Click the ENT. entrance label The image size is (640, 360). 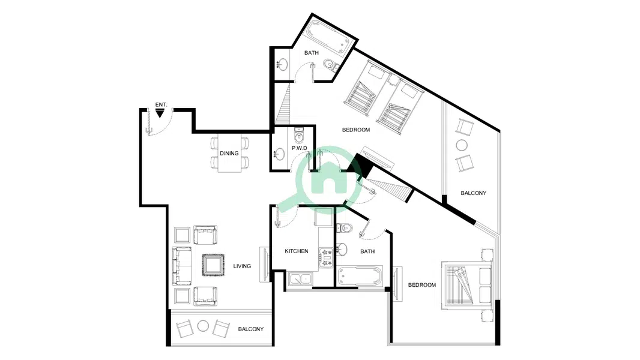[x=162, y=105]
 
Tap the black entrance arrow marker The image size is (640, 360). [x=160, y=113]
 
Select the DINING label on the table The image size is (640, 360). [x=229, y=153]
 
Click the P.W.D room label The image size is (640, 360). [x=299, y=148]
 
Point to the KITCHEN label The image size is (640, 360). [x=297, y=251]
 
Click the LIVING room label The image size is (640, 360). [x=242, y=266]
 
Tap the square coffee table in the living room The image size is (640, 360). [x=213, y=265]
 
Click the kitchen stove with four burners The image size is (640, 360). [x=326, y=258]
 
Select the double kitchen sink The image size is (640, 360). [x=300, y=279]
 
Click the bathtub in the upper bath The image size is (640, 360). [x=328, y=36]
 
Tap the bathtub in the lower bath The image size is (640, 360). [x=360, y=277]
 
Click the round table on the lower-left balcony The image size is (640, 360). [x=204, y=326]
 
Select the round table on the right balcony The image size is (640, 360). [x=462, y=145]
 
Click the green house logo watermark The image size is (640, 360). [x=329, y=176]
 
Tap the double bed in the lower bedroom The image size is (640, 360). [x=466, y=286]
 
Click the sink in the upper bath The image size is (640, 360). [x=282, y=64]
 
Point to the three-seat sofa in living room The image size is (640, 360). [x=182, y=265]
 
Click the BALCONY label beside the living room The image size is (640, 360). [x=250, y=329]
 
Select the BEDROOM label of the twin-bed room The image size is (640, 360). [x=356, y=130]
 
